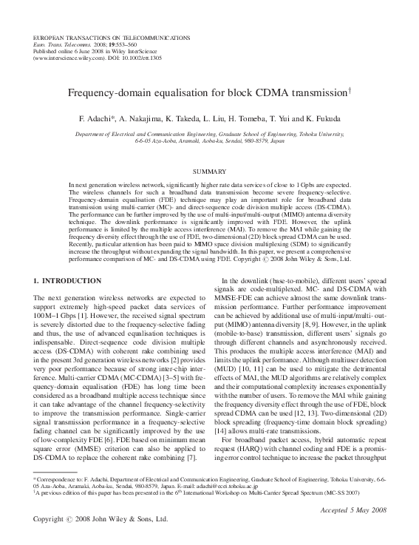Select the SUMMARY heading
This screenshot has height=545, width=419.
[x=209, y=171]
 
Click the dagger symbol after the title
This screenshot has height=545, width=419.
[x=348, y=92]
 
